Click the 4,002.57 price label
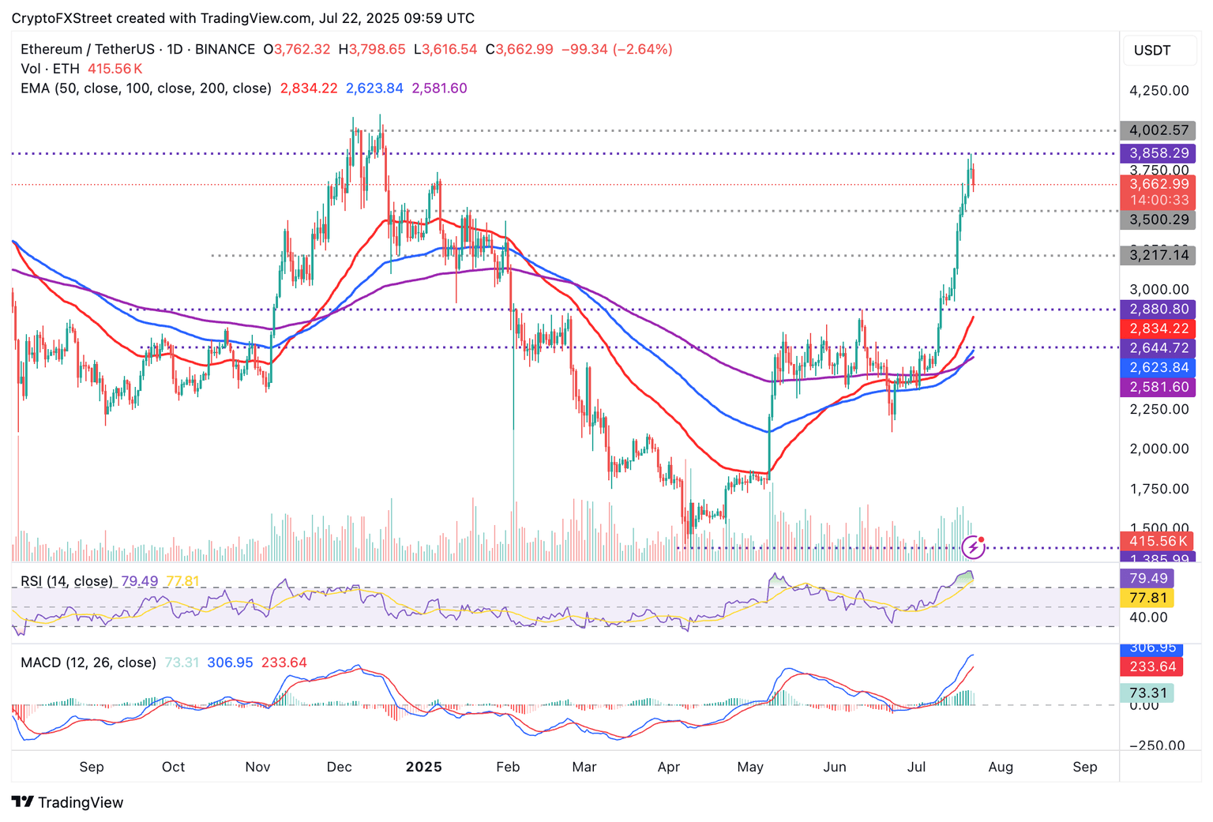click(x=1159, y=130)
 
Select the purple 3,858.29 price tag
click(x=1159, y=153)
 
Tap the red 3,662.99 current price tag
click(x=1159, y=185)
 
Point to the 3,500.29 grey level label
click(x=1159, y=220)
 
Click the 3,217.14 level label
click(x=1159, y=255)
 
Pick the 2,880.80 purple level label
click(x=1159, y=310)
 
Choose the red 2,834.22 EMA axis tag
click(x=1159, y=328)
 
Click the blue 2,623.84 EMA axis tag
click(x=1159, y=367)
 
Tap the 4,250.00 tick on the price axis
click(x=1159, y=91)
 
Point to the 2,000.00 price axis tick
click(x=1159, y=449)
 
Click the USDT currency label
click(x=1152, y=51)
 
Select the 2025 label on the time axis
click(x=423, y=767)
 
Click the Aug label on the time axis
click(x=1001, y=767)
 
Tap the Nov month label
click(x=257, y=767)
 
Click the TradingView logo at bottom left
click(x=68, y=802)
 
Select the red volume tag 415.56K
click(x=1159, y=541)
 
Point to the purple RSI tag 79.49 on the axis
click(x=1148, y=579)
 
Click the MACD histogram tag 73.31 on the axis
click(x=1148, y=693)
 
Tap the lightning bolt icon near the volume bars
click(x=973, y=546)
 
